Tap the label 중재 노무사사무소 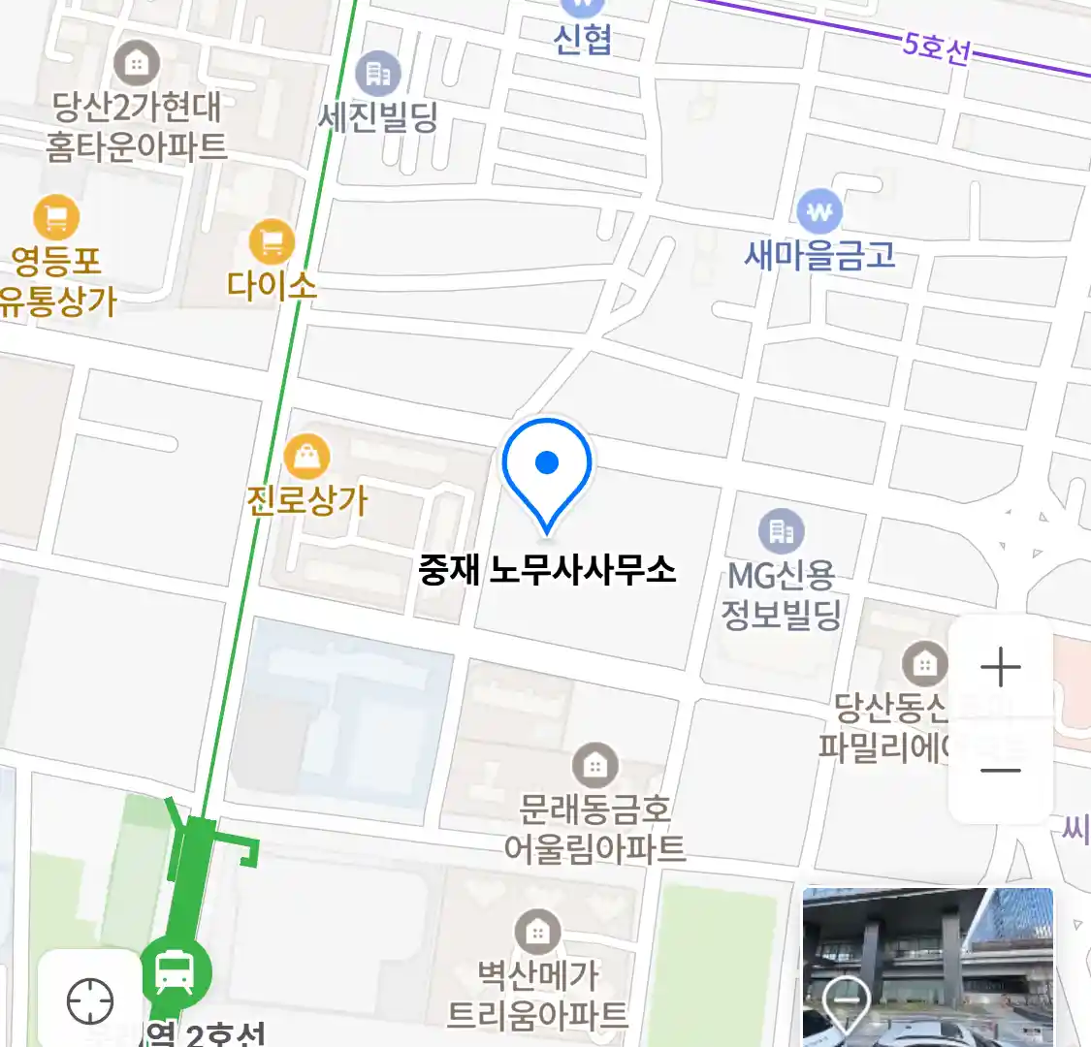[547, 569]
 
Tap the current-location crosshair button [90, 999]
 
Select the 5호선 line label [936, 46]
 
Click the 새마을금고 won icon [819, 211]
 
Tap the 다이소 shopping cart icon [272, 241]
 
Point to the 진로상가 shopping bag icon [306, 457]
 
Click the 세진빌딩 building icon [377, 74]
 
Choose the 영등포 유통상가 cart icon [56, 218]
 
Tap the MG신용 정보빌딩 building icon [781, 531]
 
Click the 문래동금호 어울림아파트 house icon [594, 766]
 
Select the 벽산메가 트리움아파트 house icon [536, 933]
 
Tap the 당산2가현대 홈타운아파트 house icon [137, 64]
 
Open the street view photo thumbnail [927, 967]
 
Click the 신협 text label [582, 40]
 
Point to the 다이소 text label [272, 285]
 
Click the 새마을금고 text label [819, 255]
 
